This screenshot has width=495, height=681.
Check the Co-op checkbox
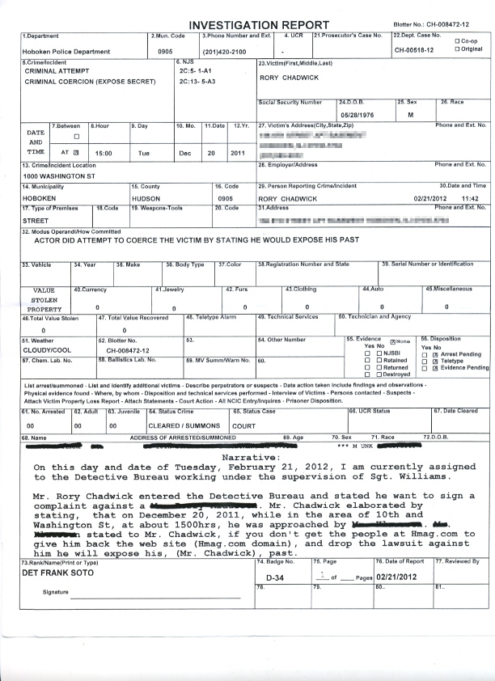[x=459, y=41]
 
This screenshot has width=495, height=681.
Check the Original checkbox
[x=459, y=49]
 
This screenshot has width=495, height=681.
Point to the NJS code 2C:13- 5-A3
[x=197, y=82]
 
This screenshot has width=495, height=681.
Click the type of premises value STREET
[x=36, y=219]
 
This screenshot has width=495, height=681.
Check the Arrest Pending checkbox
[x=435, y=354]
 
